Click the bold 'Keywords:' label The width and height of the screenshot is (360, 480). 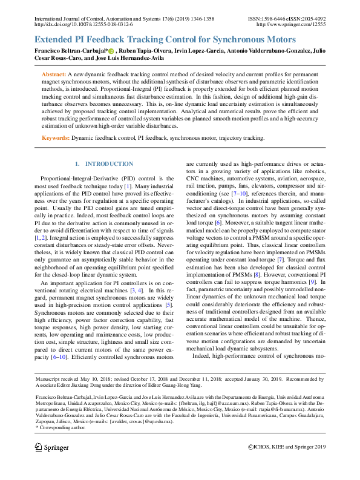point(55,138)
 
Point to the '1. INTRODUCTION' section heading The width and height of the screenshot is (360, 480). point(103,164)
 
